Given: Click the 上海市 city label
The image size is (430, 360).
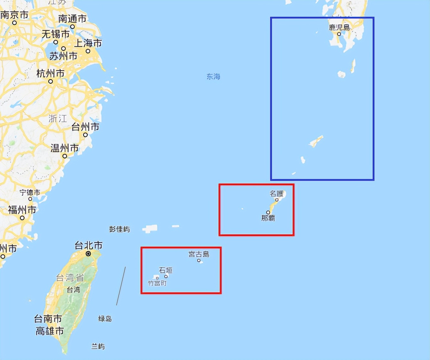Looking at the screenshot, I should tap(88, 43).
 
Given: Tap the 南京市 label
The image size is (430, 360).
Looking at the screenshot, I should tap(14, 15).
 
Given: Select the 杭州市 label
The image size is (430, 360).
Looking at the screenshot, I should tap(50, 74).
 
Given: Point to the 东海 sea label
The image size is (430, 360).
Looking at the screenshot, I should tap(213, 77).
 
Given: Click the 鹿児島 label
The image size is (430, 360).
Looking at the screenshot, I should tap(339, 27).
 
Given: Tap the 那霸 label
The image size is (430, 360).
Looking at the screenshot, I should tap(268, 218).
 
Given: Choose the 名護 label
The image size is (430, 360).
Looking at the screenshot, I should tap(276, 194).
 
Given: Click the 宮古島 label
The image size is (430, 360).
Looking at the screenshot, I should tap(199, 254).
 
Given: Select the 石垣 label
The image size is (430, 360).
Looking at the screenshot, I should tap(166, 270).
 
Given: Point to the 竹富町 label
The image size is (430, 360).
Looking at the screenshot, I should tap(157, 283).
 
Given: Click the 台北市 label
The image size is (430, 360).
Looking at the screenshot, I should tap(89, 245).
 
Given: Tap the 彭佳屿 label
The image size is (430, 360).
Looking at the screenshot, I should tap(120, 229).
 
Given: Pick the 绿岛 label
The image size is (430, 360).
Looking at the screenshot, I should tap(105, 319).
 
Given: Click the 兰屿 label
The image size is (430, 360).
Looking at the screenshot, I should tap(98, 346).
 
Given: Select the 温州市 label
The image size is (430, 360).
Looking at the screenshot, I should tap(64, 148).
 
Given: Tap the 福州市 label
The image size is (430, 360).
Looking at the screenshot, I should tap(22, 210).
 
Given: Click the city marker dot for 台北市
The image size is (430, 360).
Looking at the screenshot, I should tap(88, 254).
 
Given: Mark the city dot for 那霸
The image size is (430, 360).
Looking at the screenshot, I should tap(268, 212).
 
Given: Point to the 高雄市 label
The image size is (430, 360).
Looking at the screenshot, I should tap(50, 331).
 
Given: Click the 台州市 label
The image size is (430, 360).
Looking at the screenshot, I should tap(85, 127).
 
